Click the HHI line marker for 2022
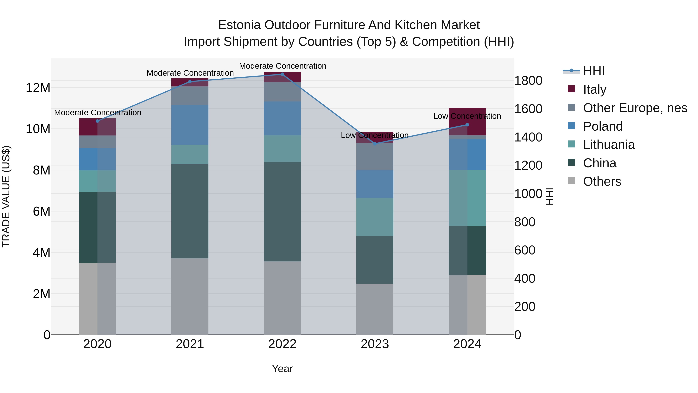pyautogui.click(x=282, y=74)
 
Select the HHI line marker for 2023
pyautogui.click(x=375, y=144)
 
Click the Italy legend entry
pyautogui.click(x=594, y=89)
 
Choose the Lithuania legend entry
pyautogui.click(x=609, y=145)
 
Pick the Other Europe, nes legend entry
pyautogui.click(x=635, y=108)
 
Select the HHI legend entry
pyautogui.click(x=593, y=71)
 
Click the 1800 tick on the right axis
pyautogui.click(x=528, y=81)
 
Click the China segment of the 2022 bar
pyautogui.click(x=282, y=212)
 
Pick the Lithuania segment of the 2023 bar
pyautogui.click(x=375, y=217)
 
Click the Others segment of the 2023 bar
pyautogui.click(x=375, y=309)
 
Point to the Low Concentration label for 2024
pyautogui.click(x=467, y=116)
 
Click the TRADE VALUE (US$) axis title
pyautogui.click(x=6, y=196)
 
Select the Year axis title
pyautogui.click(x=282, y=369)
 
